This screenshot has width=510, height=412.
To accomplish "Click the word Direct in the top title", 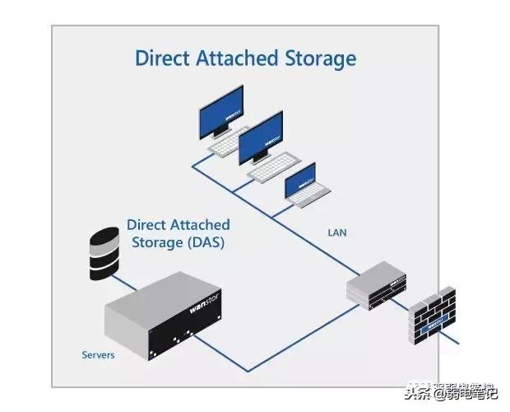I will tap(160, 59).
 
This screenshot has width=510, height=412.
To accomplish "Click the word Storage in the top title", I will tap(319, 59).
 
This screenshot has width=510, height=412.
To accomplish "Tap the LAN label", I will tap(337, 233).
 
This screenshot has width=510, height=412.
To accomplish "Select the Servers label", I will tap(98, 355).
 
